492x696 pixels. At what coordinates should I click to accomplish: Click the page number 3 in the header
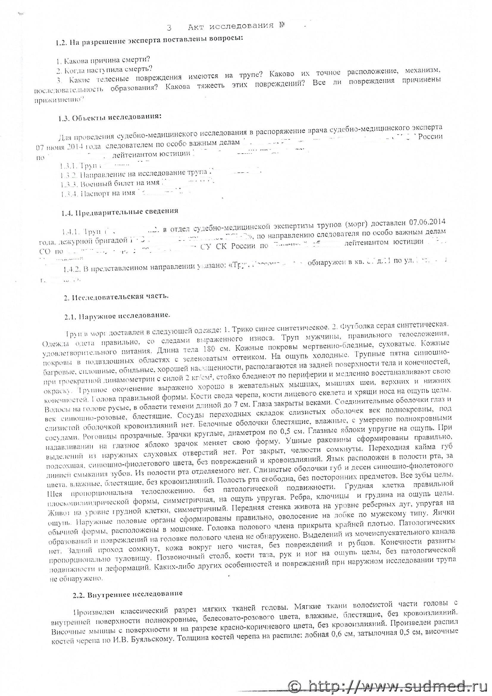point(169,28)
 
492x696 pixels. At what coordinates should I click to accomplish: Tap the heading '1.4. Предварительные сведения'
point(120,211)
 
